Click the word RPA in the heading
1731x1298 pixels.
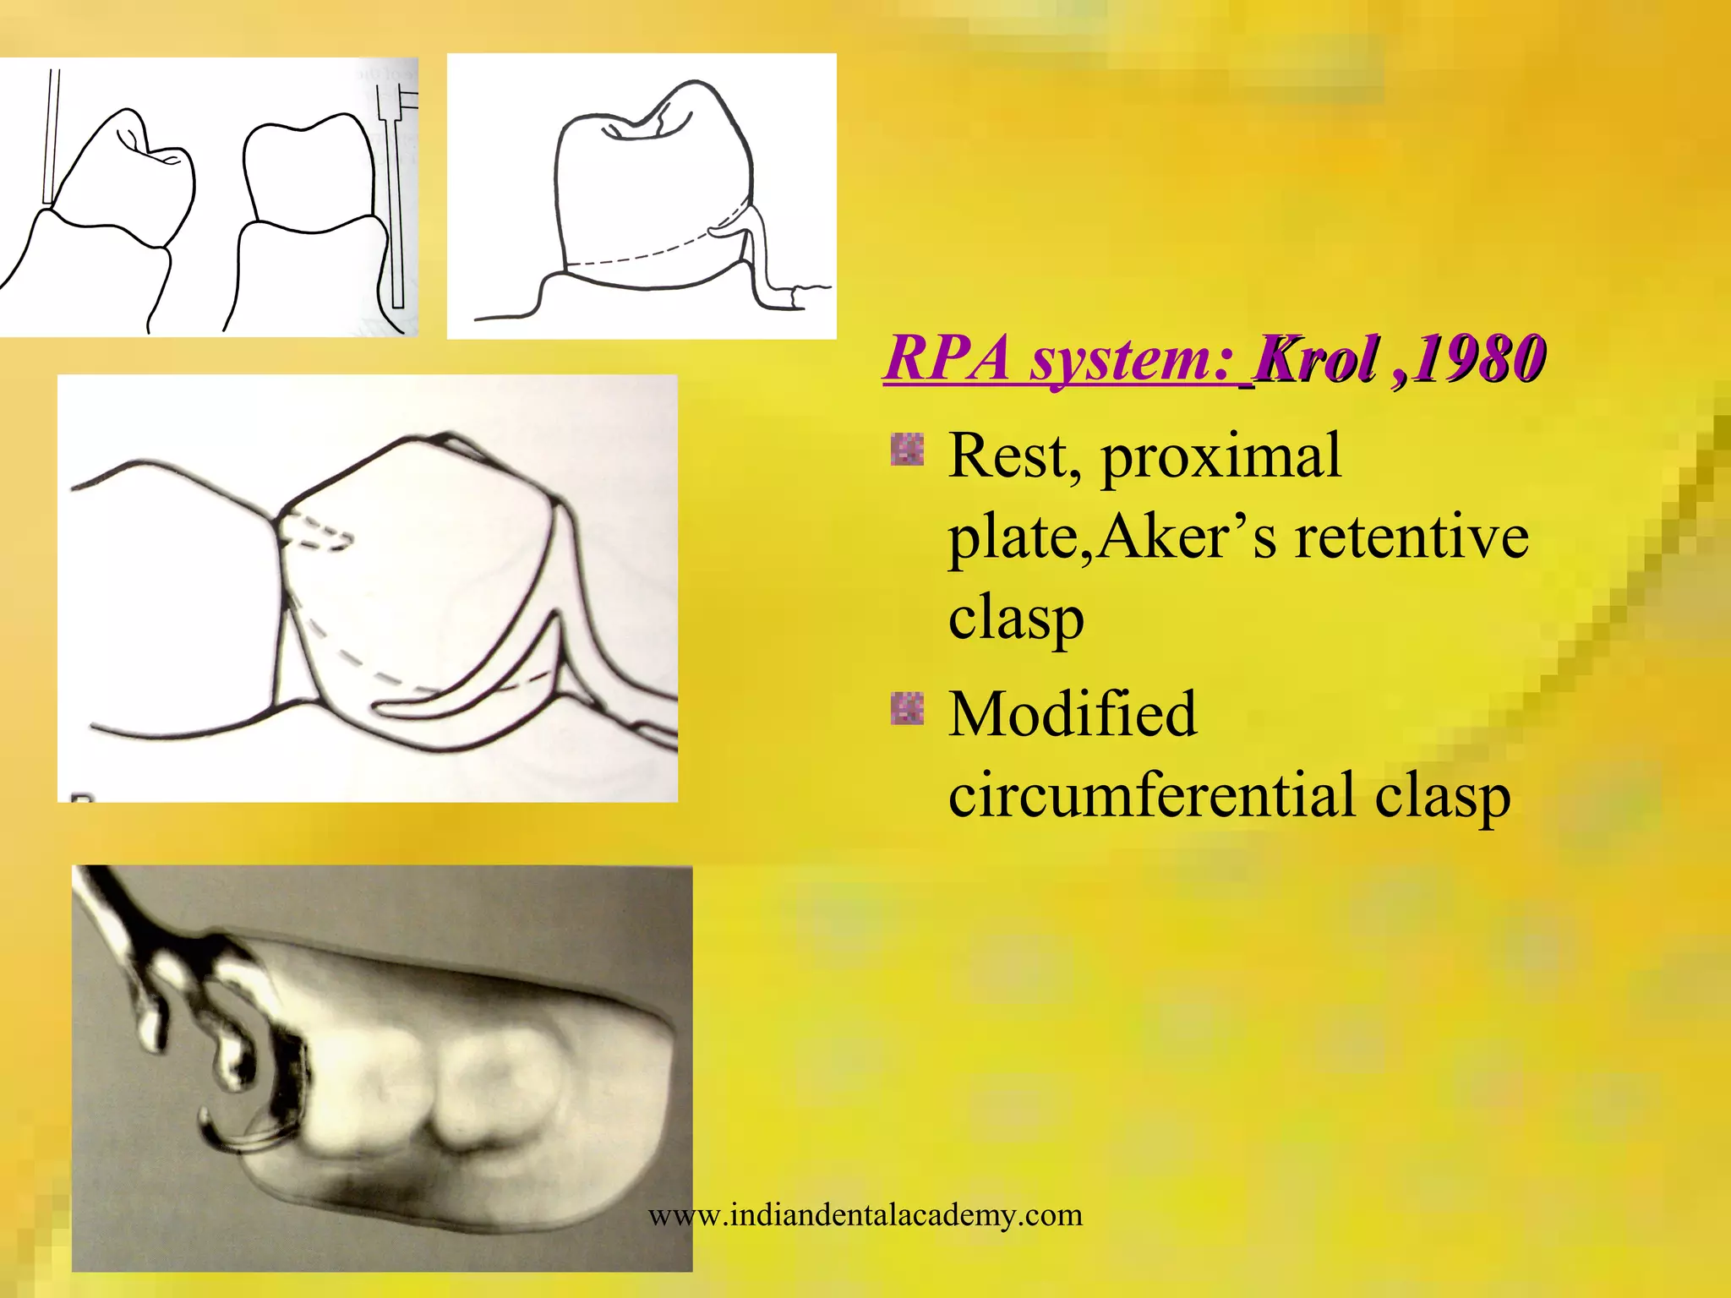[x=947, y=359]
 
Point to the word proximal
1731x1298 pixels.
[x=1220, y=457]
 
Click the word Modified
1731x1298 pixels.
[x=1073, y=715]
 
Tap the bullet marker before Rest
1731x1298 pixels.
[x=907, y=450]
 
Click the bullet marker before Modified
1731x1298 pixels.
[x=907, y=708]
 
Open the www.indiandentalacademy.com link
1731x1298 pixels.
[x=865, y=1215]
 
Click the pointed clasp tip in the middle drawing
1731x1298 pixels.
[x=380, y=704]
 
